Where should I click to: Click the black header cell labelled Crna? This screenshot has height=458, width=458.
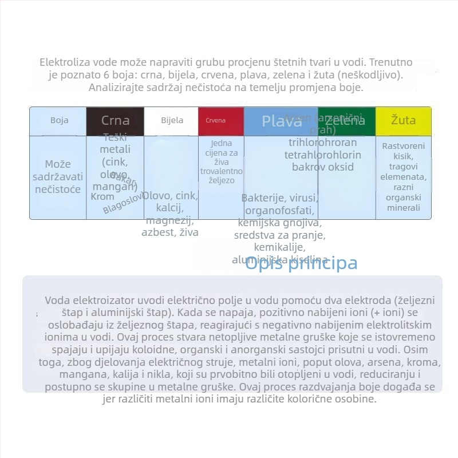pos(115,121)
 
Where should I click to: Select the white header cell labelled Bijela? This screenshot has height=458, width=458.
pos(172,120)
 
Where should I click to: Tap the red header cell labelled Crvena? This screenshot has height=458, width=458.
pos(215,121)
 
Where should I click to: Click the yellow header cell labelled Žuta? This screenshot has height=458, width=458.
pos(403,121)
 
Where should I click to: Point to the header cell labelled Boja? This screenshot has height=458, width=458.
pos(59,120)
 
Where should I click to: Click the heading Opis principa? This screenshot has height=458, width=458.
pos(301,263)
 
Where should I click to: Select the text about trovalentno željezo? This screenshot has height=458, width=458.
pos(222,162)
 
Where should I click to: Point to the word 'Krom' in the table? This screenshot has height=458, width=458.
pos(102,197)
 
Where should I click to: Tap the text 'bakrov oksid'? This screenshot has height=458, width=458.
pos(323,167)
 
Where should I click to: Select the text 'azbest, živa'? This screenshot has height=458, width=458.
pos(170,232)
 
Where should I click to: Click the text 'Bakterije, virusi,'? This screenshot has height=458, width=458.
pos(279,198)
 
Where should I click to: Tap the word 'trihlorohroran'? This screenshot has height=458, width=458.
pos(322,143)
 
